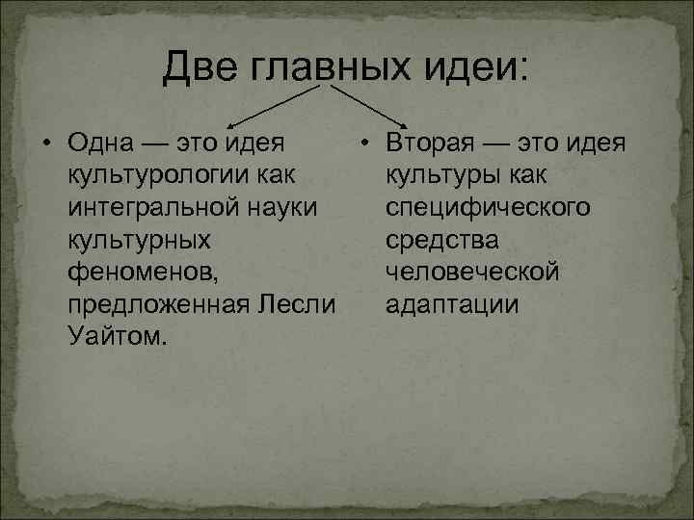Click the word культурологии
click(160, 176)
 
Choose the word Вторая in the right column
click(428, 143)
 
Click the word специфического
click(488, 208)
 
